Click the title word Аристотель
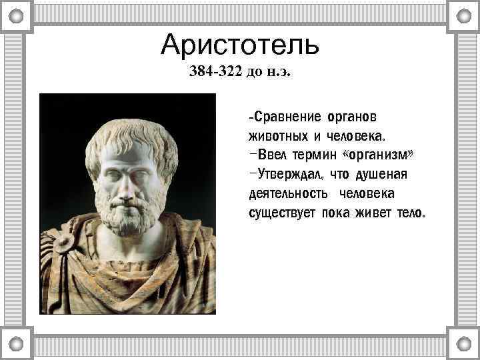240,45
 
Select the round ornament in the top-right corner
463,15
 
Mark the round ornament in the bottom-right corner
463,345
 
